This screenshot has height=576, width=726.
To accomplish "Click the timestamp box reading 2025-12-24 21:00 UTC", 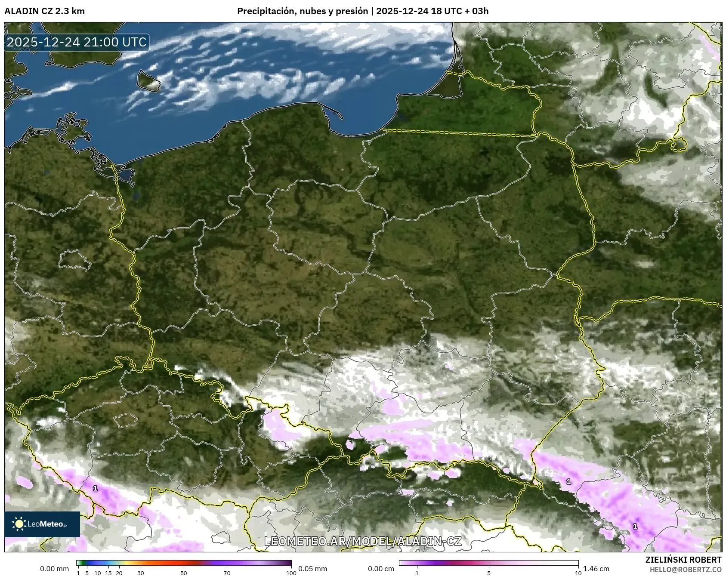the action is coord(77,42).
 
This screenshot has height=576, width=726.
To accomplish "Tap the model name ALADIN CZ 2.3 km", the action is coord(44,11).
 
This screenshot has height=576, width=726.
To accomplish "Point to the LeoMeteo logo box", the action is coord(42,524).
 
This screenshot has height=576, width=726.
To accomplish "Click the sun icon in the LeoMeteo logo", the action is coord(19,524).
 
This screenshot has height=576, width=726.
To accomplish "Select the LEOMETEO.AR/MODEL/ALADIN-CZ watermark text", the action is coord(363,541).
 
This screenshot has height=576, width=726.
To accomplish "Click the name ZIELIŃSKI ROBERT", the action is coord(683,560).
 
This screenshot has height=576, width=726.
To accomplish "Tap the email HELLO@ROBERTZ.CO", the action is coord(686,569).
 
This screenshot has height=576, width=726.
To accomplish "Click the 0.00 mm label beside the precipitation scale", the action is coord(54,569).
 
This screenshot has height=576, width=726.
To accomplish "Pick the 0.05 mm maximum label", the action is coord(313,569).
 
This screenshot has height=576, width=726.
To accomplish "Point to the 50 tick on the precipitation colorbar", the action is coord(184,573).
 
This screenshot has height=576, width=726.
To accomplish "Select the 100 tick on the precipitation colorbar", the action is coord(291,573).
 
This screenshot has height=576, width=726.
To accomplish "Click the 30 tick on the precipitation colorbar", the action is coord(141,573).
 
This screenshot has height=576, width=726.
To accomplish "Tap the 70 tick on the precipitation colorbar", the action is coord(227,573).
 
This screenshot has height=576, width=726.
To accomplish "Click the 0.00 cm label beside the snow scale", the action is coord(381,569).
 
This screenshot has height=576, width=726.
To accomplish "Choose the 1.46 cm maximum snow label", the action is coord(596,569).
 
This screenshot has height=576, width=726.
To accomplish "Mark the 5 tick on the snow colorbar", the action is coord(489,573).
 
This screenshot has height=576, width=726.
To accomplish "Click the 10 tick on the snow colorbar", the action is coord(578,573).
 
